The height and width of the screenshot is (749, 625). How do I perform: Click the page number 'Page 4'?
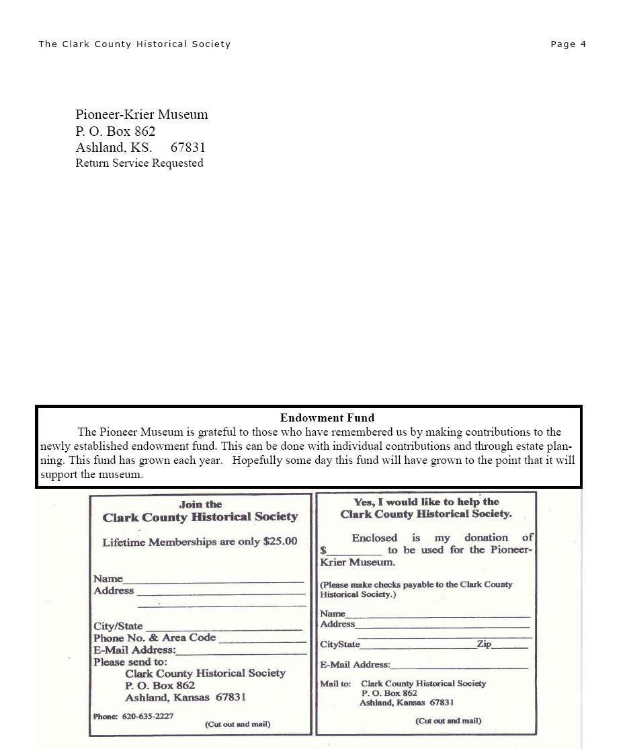click(568, 44)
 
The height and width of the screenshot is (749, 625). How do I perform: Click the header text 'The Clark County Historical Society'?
click(134, 44)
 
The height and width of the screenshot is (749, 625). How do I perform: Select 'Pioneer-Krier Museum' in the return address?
click(142, 115)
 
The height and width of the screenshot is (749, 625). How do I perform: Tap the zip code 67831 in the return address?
click(188, 148)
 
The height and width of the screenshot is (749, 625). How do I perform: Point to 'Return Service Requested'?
click(139, 163)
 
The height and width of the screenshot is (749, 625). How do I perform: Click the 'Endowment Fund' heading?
click(327, 418)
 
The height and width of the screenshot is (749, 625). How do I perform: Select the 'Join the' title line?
click(200, 504)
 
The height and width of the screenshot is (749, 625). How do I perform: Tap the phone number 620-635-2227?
click(148, 716)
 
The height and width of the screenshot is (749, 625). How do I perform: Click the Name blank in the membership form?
click(214, 580)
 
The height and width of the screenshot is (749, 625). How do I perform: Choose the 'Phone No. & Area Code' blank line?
click(261, 640)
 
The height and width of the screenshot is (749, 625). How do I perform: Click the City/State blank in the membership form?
click(224, 628)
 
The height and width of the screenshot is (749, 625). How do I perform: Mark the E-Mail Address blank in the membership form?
click(241, 652)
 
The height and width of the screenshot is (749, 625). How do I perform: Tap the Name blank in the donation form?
click(437, 615)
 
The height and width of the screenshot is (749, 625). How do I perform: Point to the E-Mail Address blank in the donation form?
click(459, 667)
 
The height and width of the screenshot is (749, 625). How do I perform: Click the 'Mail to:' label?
click(335, 684)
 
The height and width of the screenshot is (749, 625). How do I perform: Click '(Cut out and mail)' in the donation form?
click(448, 721)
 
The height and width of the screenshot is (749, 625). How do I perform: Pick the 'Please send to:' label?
click(130, 662)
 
